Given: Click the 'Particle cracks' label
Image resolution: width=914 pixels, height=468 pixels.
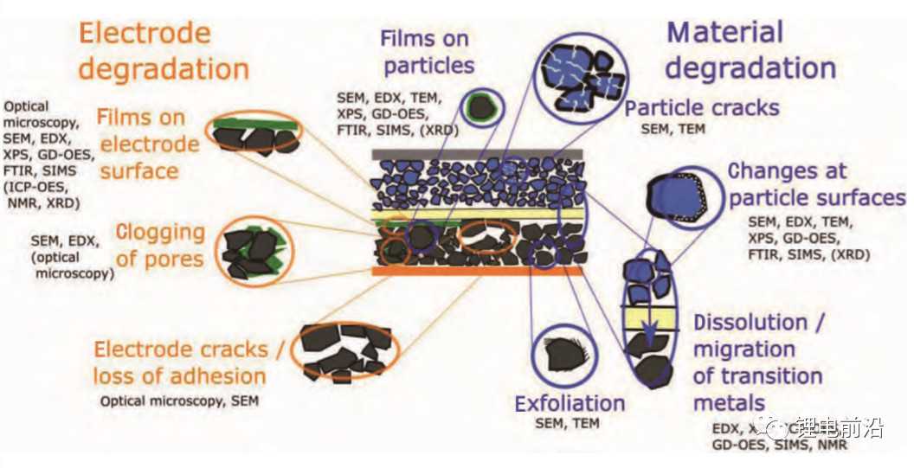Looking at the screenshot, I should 702,108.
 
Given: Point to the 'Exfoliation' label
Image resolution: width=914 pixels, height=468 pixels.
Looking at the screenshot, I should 570,403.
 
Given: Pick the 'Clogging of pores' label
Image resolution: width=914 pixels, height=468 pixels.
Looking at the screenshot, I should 160,245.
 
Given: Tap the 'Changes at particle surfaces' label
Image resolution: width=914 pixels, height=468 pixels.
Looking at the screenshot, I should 816,184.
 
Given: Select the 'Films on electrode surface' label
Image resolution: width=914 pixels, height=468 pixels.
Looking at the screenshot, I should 148,144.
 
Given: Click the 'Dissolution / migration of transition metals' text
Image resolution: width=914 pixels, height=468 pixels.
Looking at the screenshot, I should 757,362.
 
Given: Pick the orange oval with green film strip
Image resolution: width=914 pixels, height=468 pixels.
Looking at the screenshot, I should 254,134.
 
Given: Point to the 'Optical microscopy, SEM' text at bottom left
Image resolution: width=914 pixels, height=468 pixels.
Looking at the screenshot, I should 178,401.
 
